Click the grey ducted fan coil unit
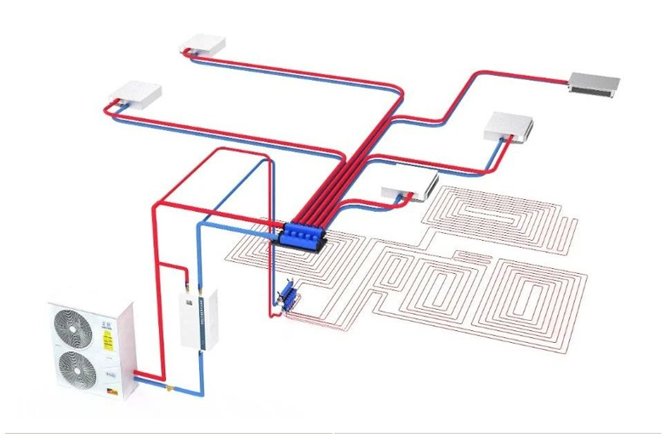pos(595,82)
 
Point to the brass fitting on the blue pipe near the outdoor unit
pos(173,389)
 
